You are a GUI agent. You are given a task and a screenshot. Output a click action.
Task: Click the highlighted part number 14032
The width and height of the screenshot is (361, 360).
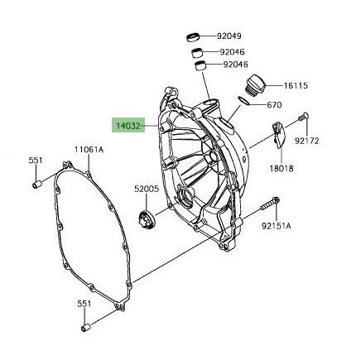pyautogui.click(x=128, y=126)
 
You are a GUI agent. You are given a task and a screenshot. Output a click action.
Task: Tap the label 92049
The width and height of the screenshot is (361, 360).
pyautogui.click(x=229, y=36)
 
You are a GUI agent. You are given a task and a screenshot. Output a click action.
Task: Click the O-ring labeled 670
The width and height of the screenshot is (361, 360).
pyautogui.click(x=243, y=100)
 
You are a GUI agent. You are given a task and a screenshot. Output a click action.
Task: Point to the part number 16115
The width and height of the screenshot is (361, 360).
pyautogui.click(x=296, y=86)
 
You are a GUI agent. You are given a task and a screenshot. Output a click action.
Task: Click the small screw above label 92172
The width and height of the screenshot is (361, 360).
pyautogui.click(x=304, y=117)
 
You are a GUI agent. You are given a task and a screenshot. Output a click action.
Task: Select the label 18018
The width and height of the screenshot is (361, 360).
pyautogui.click(x=282, y=168)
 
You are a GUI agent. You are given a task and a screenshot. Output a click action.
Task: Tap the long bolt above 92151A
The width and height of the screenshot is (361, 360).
pyautogui.click(x=270, y=204)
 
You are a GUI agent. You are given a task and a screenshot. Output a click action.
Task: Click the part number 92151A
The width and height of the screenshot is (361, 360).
pyautogui.click(x=277, y=226)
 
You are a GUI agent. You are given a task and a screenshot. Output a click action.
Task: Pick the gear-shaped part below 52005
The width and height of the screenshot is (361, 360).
pyautogui.click(x=146, y=218)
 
